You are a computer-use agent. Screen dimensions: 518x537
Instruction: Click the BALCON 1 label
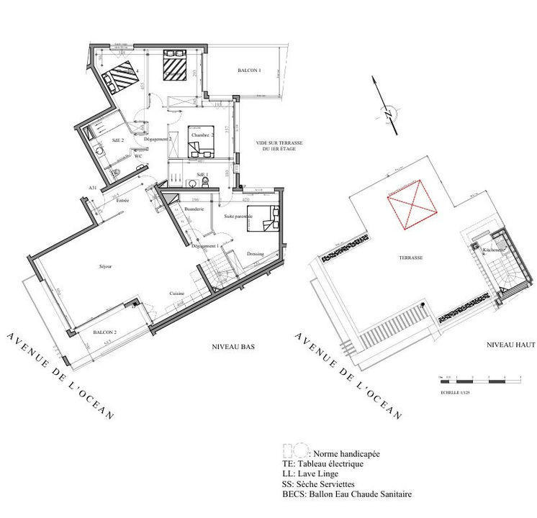click(249, 71)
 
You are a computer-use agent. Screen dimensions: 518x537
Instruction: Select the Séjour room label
click(107, 266)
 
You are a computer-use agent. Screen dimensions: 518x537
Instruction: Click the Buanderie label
click(195, 209)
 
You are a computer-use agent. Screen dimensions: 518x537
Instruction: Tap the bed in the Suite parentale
click(263, 218)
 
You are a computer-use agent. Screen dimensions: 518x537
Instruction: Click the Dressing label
click(255, 254)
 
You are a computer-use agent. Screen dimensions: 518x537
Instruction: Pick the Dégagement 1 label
click(206, 246)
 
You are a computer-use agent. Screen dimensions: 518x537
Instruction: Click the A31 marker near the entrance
click(93, 187)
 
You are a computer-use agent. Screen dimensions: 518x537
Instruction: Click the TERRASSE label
click(412, 257)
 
